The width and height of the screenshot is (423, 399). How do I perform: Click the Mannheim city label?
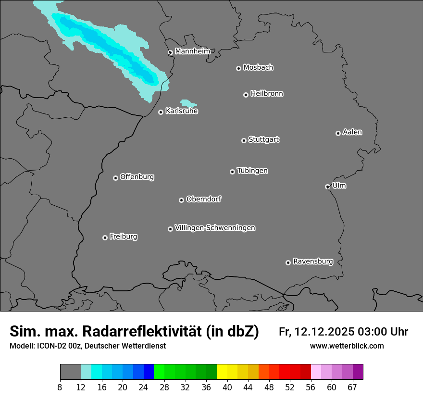(192, 51)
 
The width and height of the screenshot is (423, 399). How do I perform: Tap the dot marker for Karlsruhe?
(161, 112)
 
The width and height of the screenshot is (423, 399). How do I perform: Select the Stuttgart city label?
(263, 139)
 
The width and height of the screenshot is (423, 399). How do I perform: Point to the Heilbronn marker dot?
(246, 95)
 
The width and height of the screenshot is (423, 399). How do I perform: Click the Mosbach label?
(258, 67)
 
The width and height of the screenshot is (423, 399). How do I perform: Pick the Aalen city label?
(352, 132)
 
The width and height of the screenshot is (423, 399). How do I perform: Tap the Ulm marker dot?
(327, 187)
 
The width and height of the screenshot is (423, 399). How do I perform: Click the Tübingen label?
(252, 171)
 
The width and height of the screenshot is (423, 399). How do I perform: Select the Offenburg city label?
(137, 176)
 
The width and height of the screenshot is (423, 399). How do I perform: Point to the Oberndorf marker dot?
(181, 200)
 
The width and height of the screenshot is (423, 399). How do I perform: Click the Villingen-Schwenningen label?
(215, 227)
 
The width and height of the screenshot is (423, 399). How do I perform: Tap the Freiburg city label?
(123, 237)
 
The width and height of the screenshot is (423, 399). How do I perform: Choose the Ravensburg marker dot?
(288, 262)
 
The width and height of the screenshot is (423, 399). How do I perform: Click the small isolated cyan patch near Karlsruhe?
(187, 103)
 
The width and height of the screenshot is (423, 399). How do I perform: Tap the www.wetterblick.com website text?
(347, 346)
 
